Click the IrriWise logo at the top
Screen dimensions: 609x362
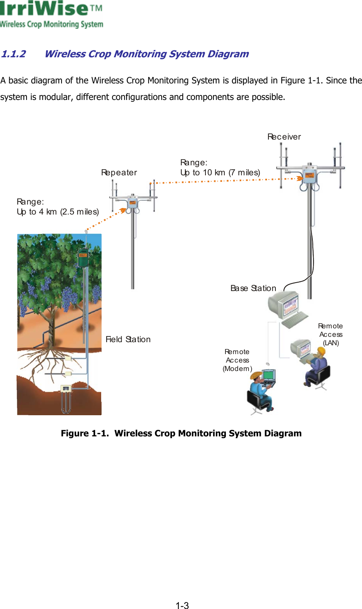[x=51, y=14]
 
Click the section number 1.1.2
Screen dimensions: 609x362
[x=13, y=54]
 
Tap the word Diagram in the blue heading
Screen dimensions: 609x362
[x=228, y=54]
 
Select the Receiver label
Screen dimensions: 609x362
[x=284, y=137]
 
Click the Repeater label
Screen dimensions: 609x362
[x=119, y=173]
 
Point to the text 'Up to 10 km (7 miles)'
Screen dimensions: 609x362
[x=220, y=173]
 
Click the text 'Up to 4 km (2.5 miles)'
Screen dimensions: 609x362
[x=58, y=212]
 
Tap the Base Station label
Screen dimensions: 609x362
[x=253, y=288]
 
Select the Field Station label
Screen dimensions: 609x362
[x=128, y=339]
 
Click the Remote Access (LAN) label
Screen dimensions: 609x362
[x=331, y=334]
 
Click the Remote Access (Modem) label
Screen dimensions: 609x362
[x=237, y=360]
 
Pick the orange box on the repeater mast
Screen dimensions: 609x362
[x=132, y=203]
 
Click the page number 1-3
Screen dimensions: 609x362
[x=182, y=606]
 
